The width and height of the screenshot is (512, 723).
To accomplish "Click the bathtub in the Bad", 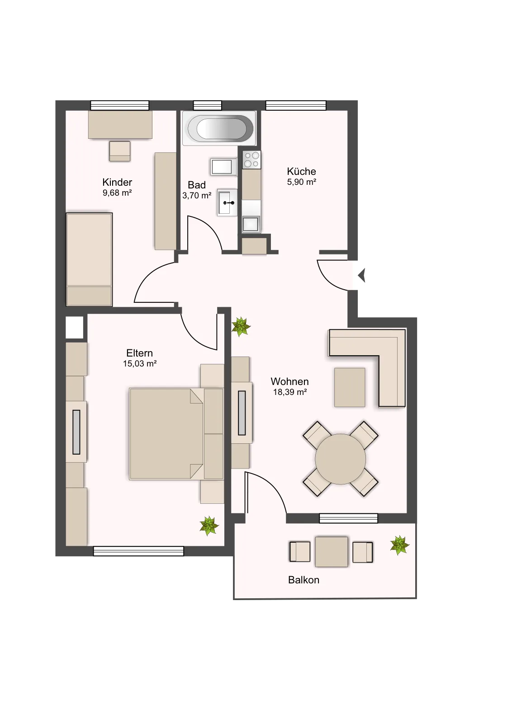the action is point(219,128).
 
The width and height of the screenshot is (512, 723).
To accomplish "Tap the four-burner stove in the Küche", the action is point(251,160).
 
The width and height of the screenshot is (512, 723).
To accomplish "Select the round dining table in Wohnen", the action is point(340,459).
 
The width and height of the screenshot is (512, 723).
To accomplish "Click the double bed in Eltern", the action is point(176,434).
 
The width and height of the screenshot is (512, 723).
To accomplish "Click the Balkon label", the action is point(303,580).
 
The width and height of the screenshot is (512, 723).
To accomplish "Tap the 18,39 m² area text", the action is point(290,392).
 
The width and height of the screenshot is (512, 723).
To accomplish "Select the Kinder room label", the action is point(117,182).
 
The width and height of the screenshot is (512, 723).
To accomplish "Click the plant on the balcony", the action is point(399,545).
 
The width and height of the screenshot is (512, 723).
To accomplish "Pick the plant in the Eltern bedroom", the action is point(209,526).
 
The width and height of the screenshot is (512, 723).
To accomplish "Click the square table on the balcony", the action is point(332,552).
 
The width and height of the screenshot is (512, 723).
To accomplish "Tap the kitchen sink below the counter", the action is point(251,224).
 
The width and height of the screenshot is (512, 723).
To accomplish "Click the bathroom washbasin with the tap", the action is point(228,202).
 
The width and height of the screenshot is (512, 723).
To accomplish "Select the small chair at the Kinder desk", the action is point(119,151).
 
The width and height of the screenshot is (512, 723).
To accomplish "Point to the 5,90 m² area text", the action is point(301,182).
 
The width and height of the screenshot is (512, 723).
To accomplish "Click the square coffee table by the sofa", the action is point(350,387).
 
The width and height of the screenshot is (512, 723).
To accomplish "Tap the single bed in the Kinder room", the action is point(89,259).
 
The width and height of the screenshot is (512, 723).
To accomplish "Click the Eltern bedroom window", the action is point(138,551).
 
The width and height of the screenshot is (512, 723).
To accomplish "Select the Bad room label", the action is point(197,185).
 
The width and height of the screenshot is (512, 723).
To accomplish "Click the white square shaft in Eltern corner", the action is point(75,327).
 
